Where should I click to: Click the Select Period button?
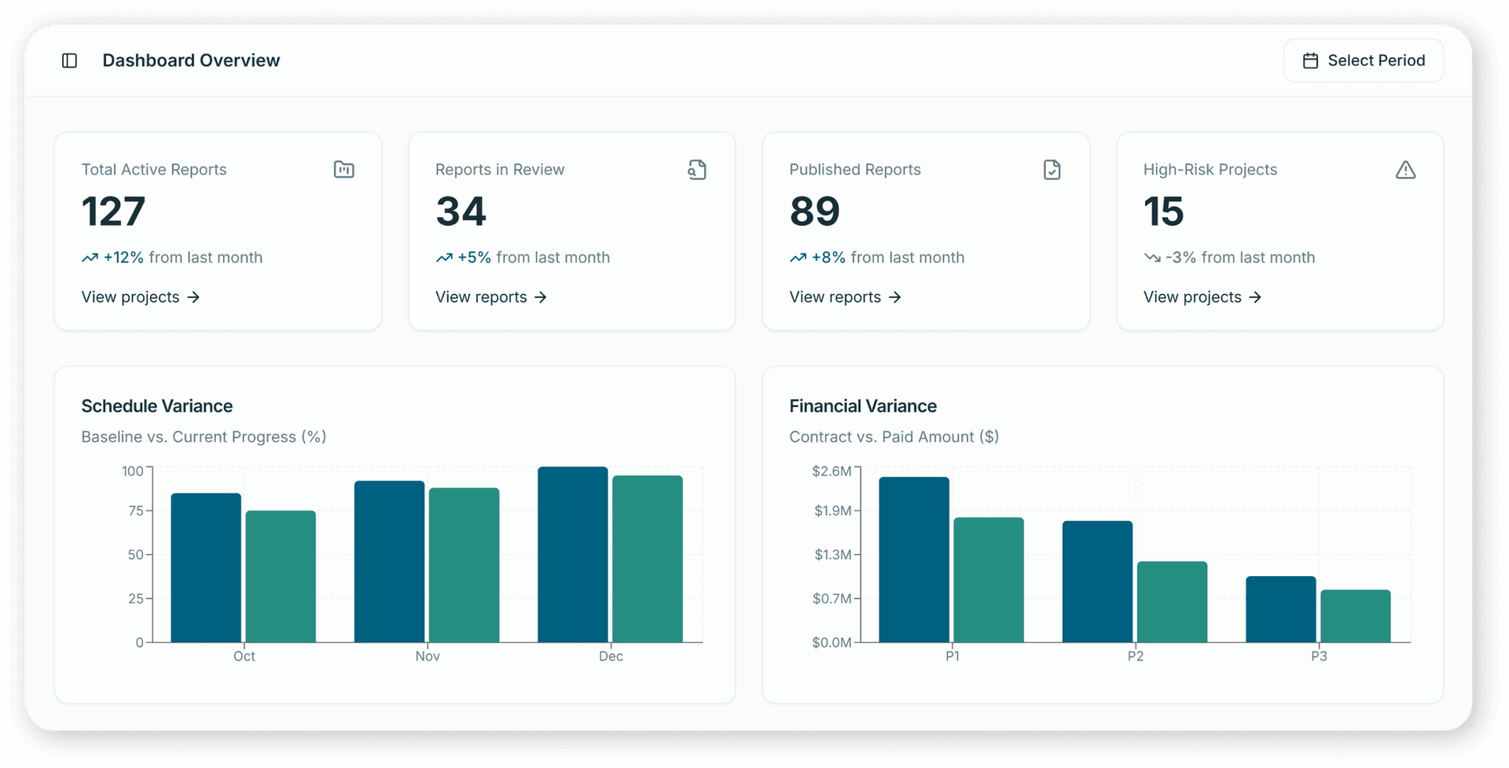[x=1363, y=61]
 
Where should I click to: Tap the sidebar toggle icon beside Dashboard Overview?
[x=69, y=61]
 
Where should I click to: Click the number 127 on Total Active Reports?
[x=113, y=211]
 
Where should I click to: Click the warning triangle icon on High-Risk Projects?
[x=1405, y=170]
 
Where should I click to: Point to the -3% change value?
[x=1180, y=258]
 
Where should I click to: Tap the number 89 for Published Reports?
[x=814, y=211]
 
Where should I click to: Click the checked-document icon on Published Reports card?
[x=1052, y=170]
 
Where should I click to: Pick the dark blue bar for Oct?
[x=206, y=568]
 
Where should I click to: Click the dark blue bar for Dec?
[x=572, y=554]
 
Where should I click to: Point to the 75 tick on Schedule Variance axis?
[x=136, y=511]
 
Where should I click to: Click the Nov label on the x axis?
[x=428, y=656]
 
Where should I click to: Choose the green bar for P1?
[x=988, y=579]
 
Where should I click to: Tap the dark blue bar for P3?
[x=1280, y=609]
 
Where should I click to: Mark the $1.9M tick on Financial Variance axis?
[x=832, y=511]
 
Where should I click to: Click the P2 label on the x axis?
[x=1135, y=656]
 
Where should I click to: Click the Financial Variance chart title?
[x=862, y=406]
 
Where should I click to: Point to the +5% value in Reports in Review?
[x=474, y=258]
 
